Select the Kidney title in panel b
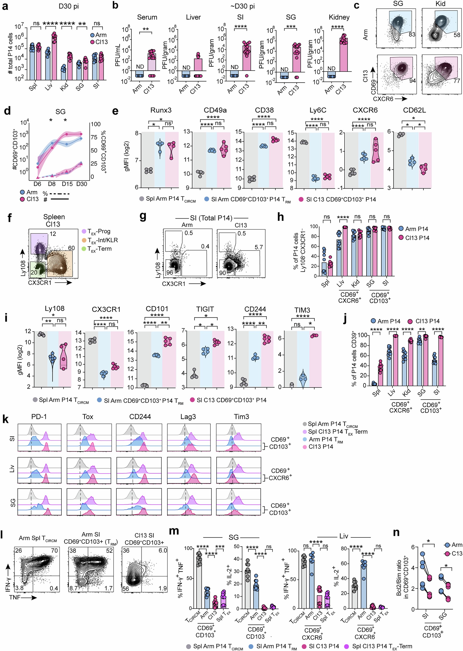pyautogui.click(x=339, y=17)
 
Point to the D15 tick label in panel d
pyautogui.click(x=67, y=184)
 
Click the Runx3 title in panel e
pyautogui.click(x=161, y=110)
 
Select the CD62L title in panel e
pyautogui.click(x=414, y=110)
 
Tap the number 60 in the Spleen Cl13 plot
pyautogui.click(x=71, y=248)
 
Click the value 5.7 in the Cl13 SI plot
pyautogui.click(x=259, y=247)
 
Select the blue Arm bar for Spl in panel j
pyautogui.click(x=374, y=384)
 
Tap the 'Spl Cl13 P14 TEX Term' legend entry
pyautogui.click(x=338, y=432)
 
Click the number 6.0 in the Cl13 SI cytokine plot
pyautogui.click(x=163, y=551)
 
